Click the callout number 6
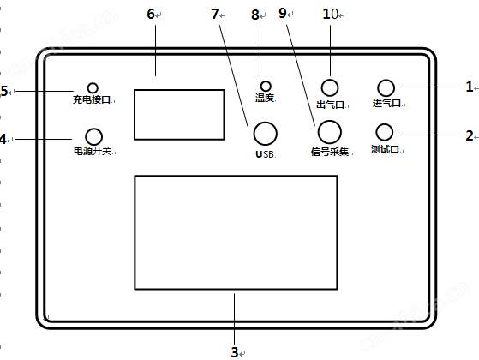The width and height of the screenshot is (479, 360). point(151,14)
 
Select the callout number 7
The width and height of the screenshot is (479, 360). point(215,14)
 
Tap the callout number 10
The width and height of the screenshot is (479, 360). point(331,14)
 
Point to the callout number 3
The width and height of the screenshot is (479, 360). point(235,352)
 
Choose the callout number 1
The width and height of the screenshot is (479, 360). point(470,87)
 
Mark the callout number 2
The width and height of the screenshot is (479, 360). point(470,135)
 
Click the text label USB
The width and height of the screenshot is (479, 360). point(265,154)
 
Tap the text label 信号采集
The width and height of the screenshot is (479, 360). point(330,152)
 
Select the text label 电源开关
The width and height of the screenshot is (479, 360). point(93,151)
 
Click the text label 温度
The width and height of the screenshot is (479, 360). point(265,98)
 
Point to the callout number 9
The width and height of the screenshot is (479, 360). point(283,13)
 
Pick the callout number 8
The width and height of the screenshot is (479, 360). point(255,15)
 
